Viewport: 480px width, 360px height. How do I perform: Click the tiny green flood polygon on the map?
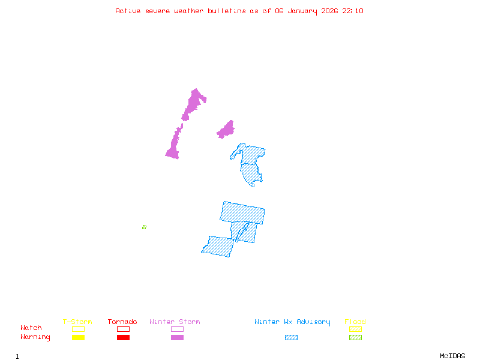click(x=144, y=227)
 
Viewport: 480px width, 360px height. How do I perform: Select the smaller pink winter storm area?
click(x=226, y=130)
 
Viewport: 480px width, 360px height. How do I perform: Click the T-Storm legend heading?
click(x=77, y=322)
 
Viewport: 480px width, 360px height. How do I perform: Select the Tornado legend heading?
click(x=122, y=322)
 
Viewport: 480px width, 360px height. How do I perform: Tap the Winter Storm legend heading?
click(x=175, y=322)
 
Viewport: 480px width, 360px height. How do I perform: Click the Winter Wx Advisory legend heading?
click(x=292, y=322)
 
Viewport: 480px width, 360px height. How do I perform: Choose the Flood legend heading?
click(x=355, y=322)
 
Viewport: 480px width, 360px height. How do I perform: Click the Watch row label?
click(x=31, y=328)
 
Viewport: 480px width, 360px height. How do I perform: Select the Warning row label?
click(x=35, y=337)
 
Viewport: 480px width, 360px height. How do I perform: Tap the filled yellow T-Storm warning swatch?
click(x=78, y=337)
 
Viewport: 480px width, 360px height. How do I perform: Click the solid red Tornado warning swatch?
click(x=123, y=337)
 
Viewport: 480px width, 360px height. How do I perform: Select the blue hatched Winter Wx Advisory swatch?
click(x=291, y=337)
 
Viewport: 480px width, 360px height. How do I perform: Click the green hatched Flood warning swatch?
click(x=355, y=337)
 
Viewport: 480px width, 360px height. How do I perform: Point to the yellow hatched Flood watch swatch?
click(x=355, y=329)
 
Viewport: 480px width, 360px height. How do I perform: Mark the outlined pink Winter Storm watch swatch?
click(x=177, y=329)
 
